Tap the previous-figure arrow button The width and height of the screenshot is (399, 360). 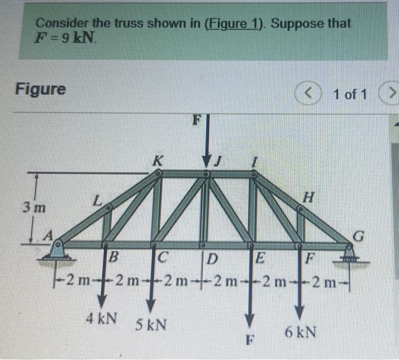(305, 92)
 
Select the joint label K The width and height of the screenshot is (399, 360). (156, 160)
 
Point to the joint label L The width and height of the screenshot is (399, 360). (97, 201)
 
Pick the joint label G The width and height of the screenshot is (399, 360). (357, 234)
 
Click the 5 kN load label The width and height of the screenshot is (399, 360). (151, 324)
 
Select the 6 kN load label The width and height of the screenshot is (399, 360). (299, 331)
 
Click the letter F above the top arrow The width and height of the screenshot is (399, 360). (197, 121)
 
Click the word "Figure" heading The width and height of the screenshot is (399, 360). (40, 90)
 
